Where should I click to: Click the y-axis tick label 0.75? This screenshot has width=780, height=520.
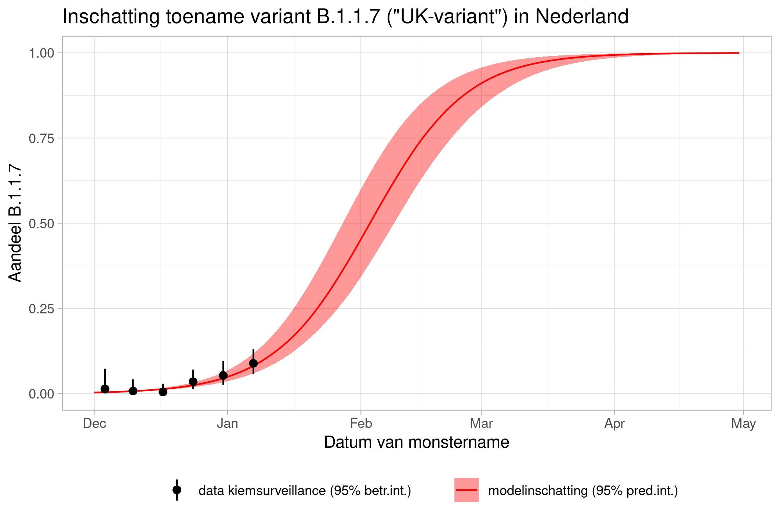(41, 138)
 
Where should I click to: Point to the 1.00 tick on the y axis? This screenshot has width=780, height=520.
(41, 53)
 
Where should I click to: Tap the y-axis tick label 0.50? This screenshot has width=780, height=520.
(41, 223)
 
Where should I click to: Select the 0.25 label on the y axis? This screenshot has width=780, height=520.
(41, 309)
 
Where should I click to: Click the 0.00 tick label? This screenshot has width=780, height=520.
(41, 394)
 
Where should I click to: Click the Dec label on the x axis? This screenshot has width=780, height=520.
(94, 424)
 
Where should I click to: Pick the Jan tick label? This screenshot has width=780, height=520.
(228, 424)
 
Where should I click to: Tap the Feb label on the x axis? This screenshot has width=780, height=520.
(361, 424)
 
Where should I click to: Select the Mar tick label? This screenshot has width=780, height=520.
(481, 424)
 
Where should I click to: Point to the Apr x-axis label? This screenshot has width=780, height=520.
(614, 424)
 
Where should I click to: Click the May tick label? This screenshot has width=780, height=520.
(743, 424)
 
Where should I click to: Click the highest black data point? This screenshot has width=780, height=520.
(253, 363)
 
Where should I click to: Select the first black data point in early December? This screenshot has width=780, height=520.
(105, 389)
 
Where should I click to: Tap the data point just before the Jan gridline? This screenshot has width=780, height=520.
(223, 375)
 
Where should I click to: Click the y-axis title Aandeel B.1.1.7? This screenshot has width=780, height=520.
(15, 223)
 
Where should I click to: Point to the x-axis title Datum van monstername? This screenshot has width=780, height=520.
(417, 443)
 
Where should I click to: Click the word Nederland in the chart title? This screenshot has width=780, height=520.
(582, 17)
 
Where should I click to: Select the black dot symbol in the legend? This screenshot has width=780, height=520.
(177, 490)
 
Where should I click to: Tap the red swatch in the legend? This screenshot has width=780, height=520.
(467, 490)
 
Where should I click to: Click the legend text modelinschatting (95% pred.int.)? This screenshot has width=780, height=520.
(583, 491)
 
